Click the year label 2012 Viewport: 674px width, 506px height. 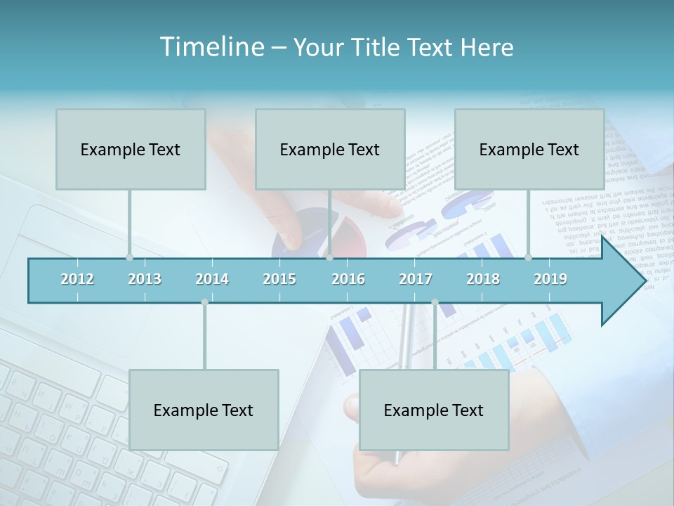[x=77, y=279]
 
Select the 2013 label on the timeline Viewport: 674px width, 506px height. [x=145, y=279]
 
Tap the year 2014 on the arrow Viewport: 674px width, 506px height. [x=212, y=279]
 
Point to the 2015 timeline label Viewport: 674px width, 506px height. [x=279, y=279]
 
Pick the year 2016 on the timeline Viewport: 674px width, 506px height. [x=348, y=279]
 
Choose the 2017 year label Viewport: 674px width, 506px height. [x=416, y=279]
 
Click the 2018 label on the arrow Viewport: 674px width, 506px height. [x=483, y=279]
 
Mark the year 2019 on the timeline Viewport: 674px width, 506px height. [x=550, y=279]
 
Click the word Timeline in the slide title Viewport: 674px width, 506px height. [x=211, y=47]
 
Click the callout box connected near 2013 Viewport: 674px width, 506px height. [x=131, y=149]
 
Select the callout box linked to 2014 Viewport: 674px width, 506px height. [x=204, y=410]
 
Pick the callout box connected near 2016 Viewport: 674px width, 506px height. [x=330, y=149]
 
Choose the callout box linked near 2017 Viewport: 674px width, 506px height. [x=434, y=410]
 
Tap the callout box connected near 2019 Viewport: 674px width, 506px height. [x=529, y=149]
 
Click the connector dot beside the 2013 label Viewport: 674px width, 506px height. [x=129, y=257]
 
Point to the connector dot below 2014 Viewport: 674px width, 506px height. [x=204, y=302]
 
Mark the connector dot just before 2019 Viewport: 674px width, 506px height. [x=528, y=257]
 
